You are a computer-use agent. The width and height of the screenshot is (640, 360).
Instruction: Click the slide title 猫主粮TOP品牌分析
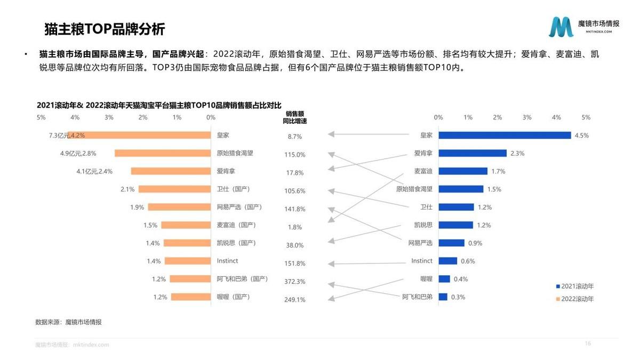105,29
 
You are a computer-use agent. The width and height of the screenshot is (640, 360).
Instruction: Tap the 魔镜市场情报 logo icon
561,27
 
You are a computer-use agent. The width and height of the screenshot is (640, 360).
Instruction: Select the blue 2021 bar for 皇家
505,135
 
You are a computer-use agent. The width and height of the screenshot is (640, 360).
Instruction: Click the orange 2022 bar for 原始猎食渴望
163,153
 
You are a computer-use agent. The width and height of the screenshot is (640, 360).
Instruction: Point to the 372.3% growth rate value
294,282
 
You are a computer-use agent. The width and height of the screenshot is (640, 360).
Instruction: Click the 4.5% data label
581,135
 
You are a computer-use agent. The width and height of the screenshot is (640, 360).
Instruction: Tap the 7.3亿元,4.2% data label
67,135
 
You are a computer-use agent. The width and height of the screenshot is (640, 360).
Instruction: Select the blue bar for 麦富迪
463,171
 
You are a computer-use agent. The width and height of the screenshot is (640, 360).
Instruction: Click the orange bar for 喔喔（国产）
191,297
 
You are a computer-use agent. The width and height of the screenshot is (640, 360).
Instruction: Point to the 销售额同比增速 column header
294,117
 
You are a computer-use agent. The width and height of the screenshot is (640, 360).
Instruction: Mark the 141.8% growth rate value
294,209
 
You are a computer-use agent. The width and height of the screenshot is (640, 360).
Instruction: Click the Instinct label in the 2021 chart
421,261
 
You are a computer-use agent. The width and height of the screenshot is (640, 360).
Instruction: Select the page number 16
588,343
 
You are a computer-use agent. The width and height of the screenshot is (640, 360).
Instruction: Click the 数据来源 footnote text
68,322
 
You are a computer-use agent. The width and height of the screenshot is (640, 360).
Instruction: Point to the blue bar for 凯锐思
455,225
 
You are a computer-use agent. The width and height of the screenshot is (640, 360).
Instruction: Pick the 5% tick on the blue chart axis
586,117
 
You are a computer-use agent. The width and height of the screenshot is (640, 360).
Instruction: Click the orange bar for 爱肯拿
171,171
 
